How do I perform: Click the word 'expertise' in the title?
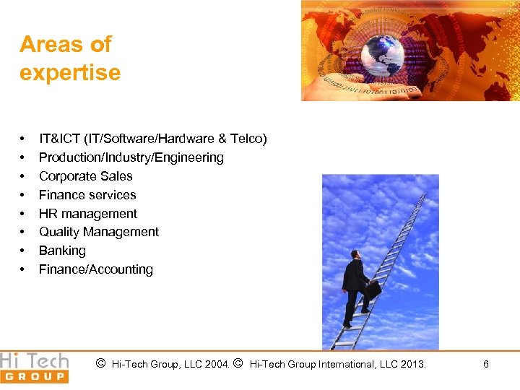[69, 73]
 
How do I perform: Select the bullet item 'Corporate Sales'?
[85, 176]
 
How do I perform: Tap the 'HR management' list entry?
[87, 214]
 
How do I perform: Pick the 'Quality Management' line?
[98, 232]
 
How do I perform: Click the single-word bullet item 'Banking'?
[62, 251]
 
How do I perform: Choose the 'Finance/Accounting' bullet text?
[95, 269]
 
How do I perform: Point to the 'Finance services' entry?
[87, 195]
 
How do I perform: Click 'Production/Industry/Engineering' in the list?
[131, 157]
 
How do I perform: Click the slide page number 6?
[485, 365]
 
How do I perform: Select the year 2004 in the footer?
[216, 365]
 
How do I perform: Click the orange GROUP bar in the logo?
[34, 376]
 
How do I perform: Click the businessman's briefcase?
[373, 290]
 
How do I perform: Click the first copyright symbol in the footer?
[101, 364]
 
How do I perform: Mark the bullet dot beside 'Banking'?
[24, 251]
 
